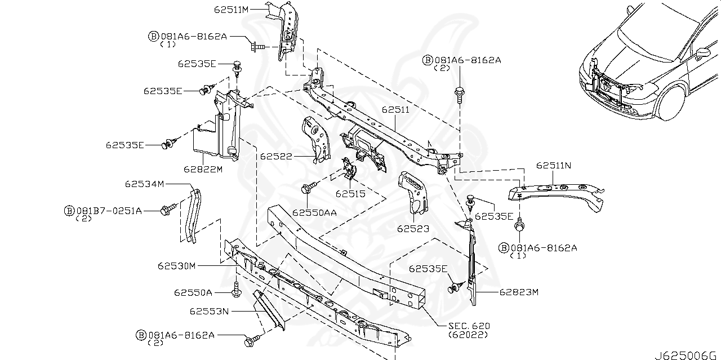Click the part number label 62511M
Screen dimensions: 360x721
coord(232,9)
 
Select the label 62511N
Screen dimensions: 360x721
coord(554,166)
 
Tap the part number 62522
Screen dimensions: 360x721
coord(276,156)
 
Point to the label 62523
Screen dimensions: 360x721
coord(413,229)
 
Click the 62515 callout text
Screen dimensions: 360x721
coord(350,194)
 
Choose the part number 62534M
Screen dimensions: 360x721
coord(144,184)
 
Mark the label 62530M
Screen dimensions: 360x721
coord(176,265)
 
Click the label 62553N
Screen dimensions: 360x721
coord(208,311)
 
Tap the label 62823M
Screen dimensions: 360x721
coord(519,292)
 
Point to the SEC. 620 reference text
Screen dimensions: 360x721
coord(469,326)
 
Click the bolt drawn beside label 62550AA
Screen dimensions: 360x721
coord(308,188)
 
